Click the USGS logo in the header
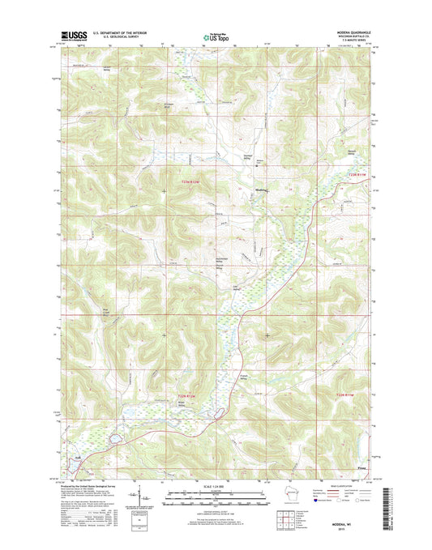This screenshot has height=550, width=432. pos(71,36)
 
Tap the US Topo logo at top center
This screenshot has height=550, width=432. pos(215,36)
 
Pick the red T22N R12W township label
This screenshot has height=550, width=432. pos(187,394)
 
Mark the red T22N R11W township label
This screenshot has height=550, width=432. pos(346,394)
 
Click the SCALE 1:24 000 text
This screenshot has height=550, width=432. pos(215,485)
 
